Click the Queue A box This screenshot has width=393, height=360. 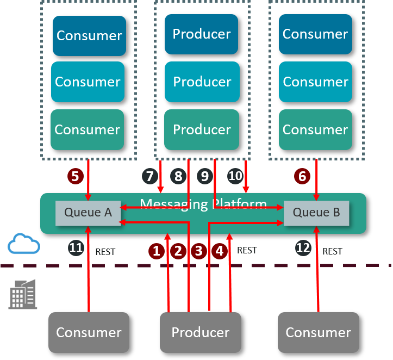[x=88, y=213]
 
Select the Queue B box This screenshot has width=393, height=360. [x=316, y=213]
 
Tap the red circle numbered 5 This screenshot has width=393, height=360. [x=75, y=176]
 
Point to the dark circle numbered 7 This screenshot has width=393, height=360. [x=149, y=176]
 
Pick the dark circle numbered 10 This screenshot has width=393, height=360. [x=235, y=176]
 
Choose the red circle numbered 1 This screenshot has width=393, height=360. [x=157, y=251]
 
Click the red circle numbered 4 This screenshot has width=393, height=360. [x=220, y=251]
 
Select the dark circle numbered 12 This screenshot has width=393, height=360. [x=303, y=248]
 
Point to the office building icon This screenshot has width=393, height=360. [x=23, y=294]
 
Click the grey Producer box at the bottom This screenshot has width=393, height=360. [x=201, y=332]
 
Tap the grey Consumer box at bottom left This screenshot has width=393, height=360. [x=89, y=332]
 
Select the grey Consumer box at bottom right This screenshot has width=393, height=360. [x=319, y=332]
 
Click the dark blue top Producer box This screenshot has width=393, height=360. [x=201, y=34]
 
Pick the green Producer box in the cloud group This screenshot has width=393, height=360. [x=201, y=129]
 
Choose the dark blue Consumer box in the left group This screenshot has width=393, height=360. [x=89, y=35]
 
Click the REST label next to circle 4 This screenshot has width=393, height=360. [x=247, y=251]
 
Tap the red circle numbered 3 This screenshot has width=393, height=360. [x=198, y=251]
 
